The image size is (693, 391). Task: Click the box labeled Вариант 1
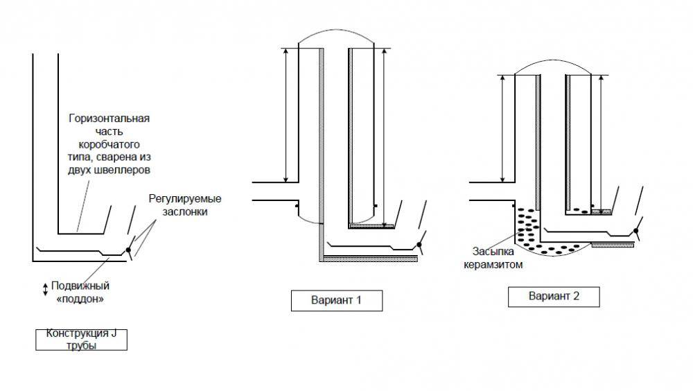(336, 302)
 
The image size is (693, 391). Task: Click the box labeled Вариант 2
(554, 297)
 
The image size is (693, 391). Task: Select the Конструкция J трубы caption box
(82, 340)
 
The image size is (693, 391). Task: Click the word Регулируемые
(189, 199)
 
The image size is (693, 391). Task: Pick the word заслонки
(186, 212)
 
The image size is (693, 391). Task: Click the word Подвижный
(82, 286)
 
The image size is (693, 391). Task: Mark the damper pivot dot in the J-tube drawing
(128, 250)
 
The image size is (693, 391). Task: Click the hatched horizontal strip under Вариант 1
(371, 258)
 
